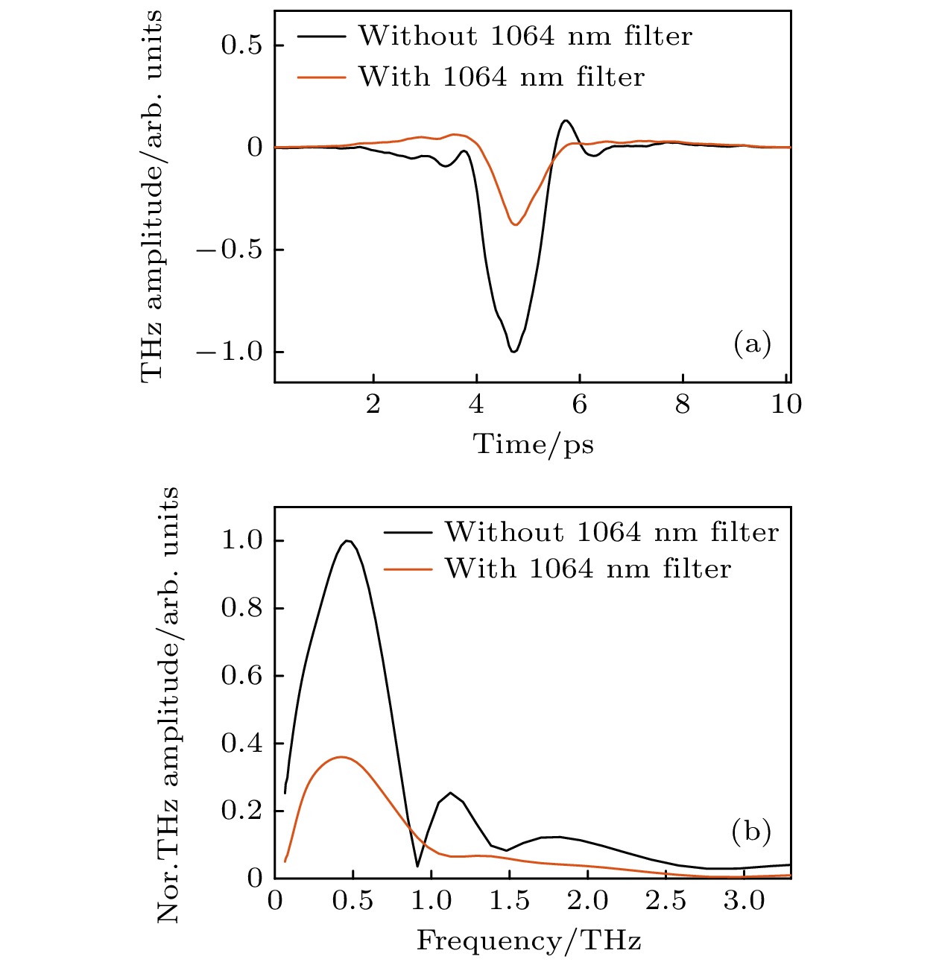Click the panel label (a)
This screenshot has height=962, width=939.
click(x=751, y=344)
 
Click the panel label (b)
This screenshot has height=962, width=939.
click(x=750, y=831)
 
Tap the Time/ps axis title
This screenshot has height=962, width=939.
click(x=533, y=445)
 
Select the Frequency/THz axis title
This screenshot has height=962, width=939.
click(x=528, y=940)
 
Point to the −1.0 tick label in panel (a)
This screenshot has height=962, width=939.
click(x=230, y=352)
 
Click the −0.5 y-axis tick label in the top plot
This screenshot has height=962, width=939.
click(x=230, y=250)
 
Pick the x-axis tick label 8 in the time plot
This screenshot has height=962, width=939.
click(x=682, y=405)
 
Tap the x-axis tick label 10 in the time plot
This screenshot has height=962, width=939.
click(x=785, y=405)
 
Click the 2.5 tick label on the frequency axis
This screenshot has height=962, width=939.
click(x=665, y=901)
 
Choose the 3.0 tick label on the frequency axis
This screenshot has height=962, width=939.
click(x=744, y=901)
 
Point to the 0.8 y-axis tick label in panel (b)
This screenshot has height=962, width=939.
click(x=242, y=608)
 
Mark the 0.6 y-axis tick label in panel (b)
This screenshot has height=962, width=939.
click(x=242, y=676)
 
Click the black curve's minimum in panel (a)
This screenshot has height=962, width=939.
click(x=513, y=351)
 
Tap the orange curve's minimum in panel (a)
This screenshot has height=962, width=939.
click(x=515, y=224)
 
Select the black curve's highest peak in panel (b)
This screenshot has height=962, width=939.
click(x=347, y=540)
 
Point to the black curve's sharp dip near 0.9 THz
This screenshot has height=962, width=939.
click(x=417, y=866)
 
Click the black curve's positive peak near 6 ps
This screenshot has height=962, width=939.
click(x=566, y=120)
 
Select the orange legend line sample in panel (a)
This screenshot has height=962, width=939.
click(x=321, y=77)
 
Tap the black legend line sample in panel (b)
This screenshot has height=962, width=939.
click(x=408, y=533)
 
